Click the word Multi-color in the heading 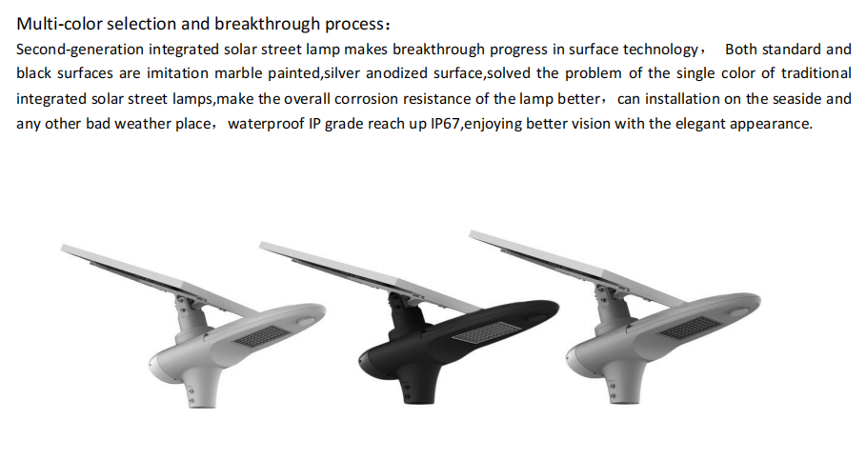click(x=59, y=24)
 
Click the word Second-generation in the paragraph click(x=80, y=50)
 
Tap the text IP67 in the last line click(x=445, y=123)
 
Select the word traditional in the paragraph click(x=816, y=73)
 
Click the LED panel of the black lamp click(x=479, y=332)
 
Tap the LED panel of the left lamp click(x=261, y=335)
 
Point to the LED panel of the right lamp click(x=689, y=328)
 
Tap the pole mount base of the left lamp click(x=202, y=390)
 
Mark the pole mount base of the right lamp click(x=622, y=386)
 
